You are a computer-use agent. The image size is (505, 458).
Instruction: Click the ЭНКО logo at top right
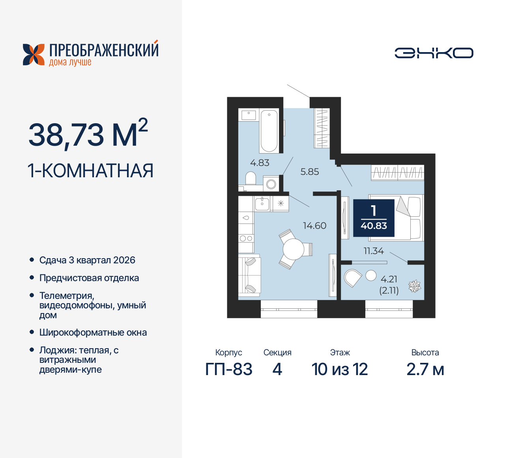(434, 53)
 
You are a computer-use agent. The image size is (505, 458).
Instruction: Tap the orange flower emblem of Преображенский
(34, 54)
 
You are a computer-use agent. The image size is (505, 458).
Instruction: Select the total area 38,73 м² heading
(88, 134)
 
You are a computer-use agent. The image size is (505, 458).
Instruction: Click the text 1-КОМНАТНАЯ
(90, 171)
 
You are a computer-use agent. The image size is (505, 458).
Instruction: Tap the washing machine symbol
(271, 184)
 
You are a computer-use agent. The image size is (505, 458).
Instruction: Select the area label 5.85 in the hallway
(309, 172)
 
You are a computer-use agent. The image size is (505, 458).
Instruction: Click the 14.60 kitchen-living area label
(314, 225)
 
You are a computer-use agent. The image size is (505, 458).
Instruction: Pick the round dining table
(293, 249)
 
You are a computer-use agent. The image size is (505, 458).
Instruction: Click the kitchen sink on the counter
(262, 204)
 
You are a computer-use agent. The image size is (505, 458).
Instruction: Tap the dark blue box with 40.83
(374, 218)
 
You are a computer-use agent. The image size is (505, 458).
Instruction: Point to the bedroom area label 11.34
(373, 251)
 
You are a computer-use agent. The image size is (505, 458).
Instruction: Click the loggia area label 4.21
(389, 279)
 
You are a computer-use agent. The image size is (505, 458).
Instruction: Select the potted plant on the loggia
(414, 286)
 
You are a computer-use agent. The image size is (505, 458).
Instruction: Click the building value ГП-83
(229, 370)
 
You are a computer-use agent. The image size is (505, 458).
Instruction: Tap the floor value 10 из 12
(339, 370)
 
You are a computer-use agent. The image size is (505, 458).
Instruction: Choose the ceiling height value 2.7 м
(425, 370)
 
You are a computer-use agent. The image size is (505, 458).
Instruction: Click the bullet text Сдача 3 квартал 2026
(87, 260)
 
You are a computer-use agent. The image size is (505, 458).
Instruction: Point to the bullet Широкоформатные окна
(93, 332)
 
